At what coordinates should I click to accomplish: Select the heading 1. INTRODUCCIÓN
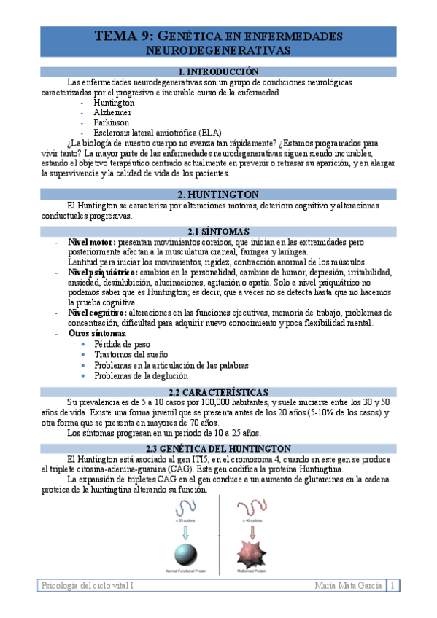point(218,71)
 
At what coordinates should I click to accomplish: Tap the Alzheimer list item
point(112,113)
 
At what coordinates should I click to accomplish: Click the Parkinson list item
point(112,123)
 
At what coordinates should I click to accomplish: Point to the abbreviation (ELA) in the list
point(214,133)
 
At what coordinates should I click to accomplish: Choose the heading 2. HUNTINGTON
point(218,195)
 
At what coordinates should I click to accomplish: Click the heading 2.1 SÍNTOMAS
point(218,231)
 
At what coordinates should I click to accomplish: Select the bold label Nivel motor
point(91,241)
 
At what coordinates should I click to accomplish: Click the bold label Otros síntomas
point(96,333)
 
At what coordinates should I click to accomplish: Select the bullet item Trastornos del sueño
point(131,354)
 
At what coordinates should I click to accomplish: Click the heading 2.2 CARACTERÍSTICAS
point(218,391)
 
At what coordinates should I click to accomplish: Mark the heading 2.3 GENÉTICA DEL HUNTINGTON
point(218,448)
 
